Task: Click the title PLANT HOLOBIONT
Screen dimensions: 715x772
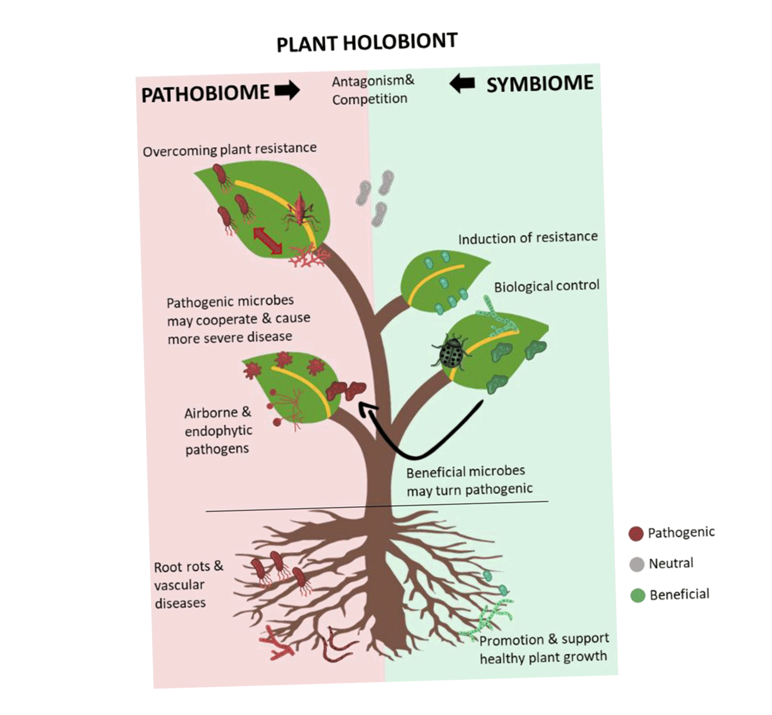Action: (367, 43)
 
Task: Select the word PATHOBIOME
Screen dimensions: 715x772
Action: (205, 94)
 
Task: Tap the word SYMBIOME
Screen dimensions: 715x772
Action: (539, 83)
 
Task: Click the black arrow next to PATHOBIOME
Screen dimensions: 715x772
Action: (287, 91)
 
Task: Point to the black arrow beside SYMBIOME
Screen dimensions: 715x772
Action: (462, 83)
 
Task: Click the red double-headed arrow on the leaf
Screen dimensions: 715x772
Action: (268, 241)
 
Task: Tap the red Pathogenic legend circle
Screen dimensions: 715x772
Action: (636, 533)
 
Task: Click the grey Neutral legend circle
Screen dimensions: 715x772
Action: (637, 564)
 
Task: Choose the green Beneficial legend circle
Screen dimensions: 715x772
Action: (638, 595)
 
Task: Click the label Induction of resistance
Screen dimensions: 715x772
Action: (527, 238)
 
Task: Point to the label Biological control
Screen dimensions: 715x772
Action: (546, 286)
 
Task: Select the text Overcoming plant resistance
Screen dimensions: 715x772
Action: (230, 149)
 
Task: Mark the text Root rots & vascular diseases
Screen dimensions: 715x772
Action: (188, 585)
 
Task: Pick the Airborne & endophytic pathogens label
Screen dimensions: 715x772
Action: (218, 431)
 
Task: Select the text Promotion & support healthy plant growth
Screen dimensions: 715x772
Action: (543, 649)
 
